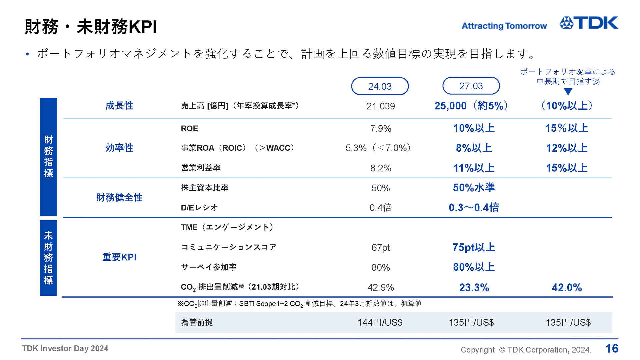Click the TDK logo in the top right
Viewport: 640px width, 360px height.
589,23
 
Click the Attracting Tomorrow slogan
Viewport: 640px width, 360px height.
504,26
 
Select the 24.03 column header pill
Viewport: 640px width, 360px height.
380,86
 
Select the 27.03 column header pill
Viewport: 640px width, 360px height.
471,86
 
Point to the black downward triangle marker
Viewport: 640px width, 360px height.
568,92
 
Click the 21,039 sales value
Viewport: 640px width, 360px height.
380,106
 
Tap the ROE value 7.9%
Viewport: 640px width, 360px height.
380,128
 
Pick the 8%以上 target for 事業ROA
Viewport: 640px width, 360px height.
474,148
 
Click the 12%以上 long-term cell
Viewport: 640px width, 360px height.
566,148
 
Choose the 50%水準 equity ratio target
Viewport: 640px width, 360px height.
474,188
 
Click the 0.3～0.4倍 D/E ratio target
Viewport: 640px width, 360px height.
474,208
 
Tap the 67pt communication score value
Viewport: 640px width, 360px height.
380,247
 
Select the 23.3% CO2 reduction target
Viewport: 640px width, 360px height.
474,287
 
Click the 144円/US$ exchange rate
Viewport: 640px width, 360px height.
380,322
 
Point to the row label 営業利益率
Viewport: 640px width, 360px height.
201,168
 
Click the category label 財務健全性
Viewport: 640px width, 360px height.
119,198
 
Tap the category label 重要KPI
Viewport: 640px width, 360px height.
119,257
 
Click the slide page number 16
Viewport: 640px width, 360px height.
612,349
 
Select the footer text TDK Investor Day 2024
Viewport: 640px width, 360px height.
65,348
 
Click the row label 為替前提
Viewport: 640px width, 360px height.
197,322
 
